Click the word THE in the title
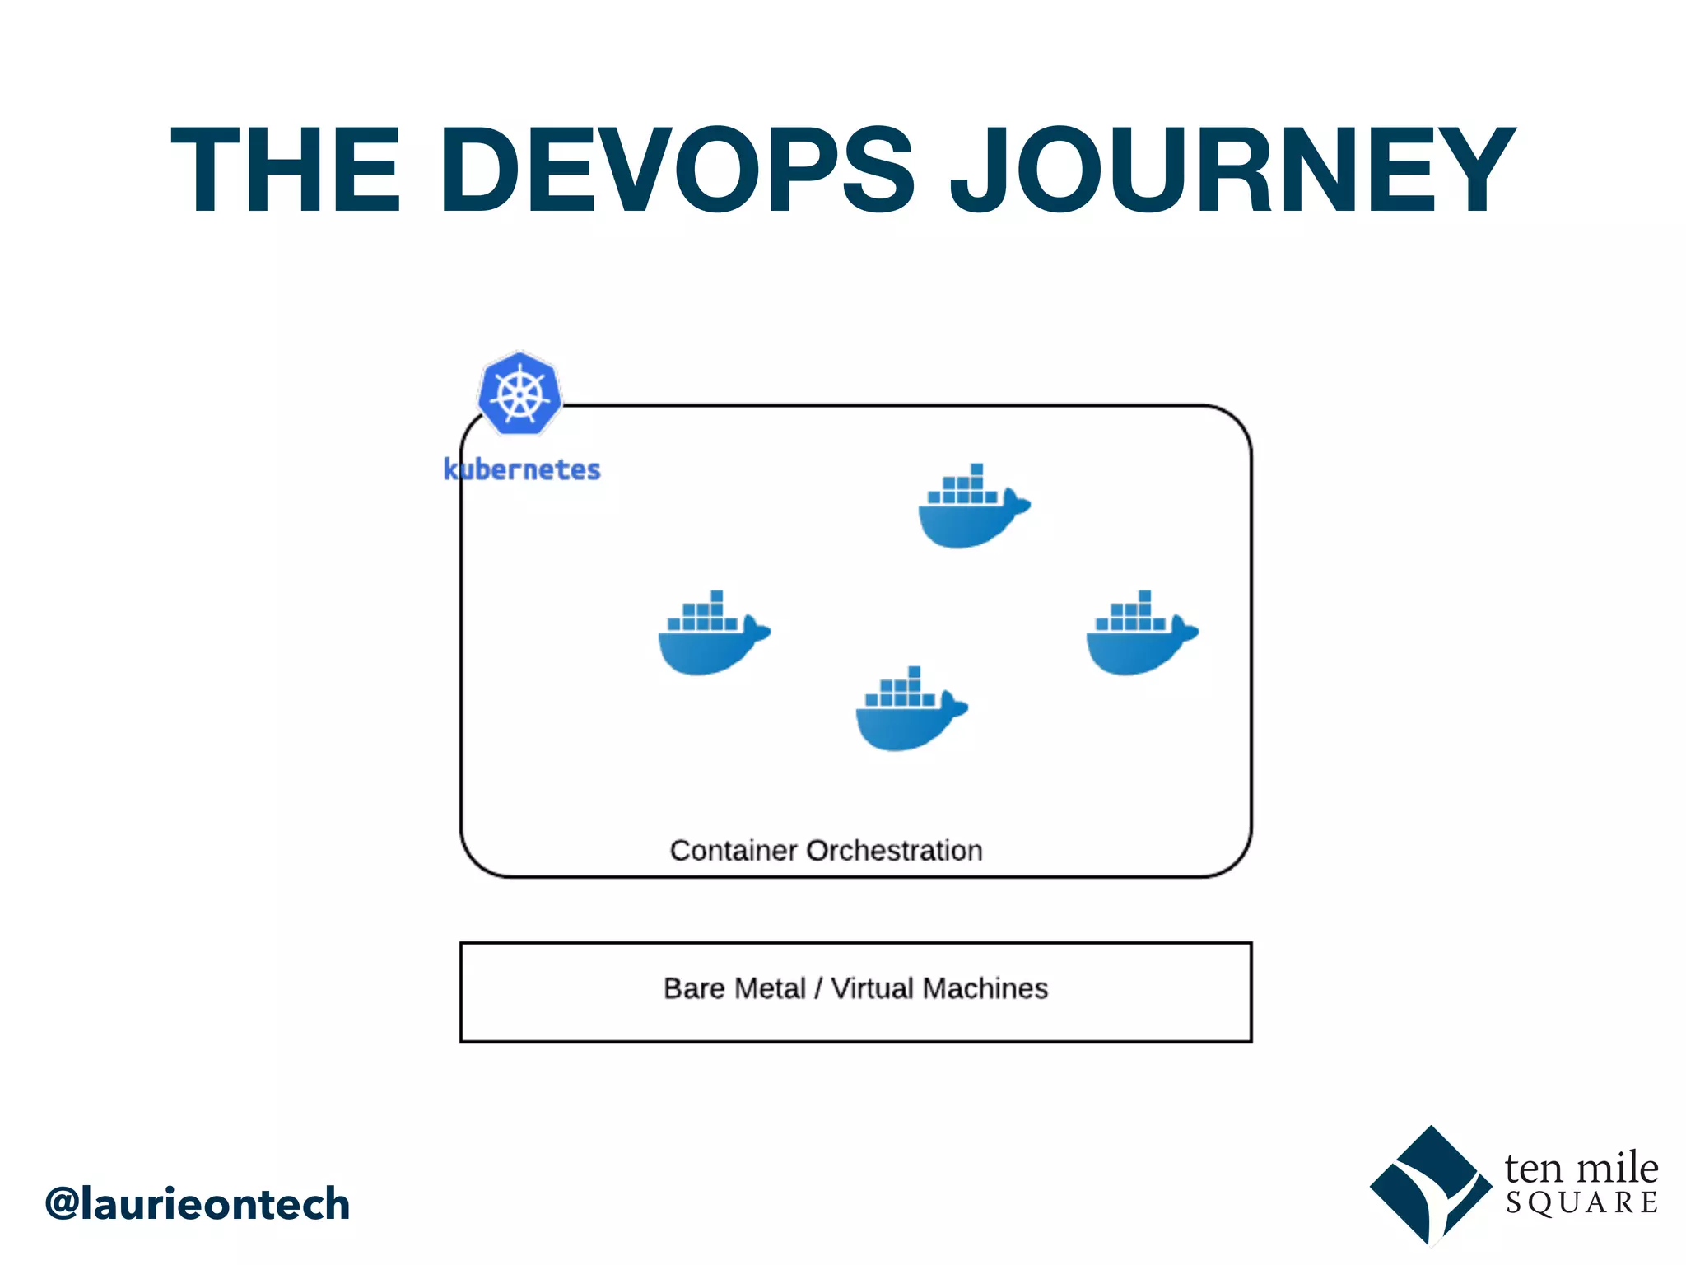[x=285, y=170]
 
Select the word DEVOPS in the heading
[x=677, y=170]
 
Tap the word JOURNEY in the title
[x=1232, y=170]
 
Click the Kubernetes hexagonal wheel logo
[x=519, y=394]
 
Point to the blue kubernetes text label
[x=522, y=469]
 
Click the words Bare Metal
[x=734, y=988]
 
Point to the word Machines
[x=985, y=988]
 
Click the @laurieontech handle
[x=198, y=1204]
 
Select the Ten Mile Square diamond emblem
[x=1430, y=1186]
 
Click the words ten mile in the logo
[x=1581, y=1168]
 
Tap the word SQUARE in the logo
[x=1581, y=1203]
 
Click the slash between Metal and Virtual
[x=817, y=988]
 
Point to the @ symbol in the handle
[x=63, y=1204]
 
